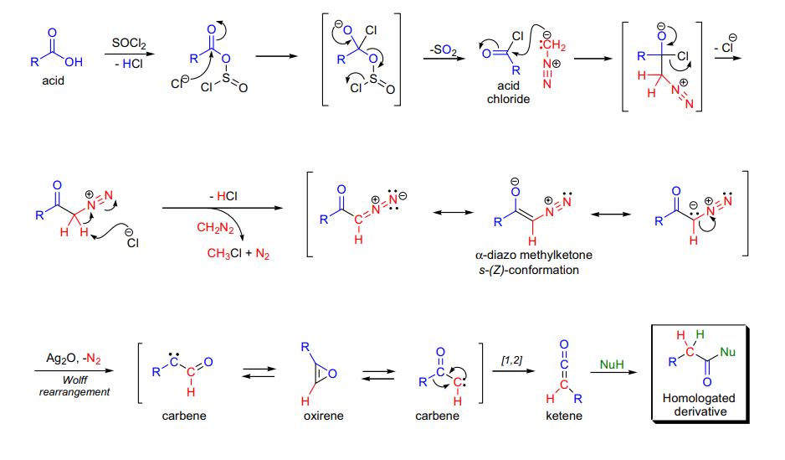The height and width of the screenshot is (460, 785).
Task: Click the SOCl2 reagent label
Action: tap(129, 44)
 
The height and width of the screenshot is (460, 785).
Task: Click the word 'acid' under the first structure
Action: tap(53, 80)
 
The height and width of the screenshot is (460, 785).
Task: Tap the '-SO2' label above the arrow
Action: tap(444, 49)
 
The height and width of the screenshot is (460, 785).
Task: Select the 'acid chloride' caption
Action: tap(508, 92)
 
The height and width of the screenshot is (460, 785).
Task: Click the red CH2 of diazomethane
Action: tap(555, 45)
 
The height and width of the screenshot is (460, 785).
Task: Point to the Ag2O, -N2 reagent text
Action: tap(74, 359)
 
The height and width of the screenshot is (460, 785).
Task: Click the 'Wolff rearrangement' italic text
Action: tap(74, 385)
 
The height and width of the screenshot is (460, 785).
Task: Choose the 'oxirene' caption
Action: tap(323, 416)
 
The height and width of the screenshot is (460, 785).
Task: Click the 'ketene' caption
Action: tap(564, 416)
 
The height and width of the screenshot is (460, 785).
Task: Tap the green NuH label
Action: tap(611, 364)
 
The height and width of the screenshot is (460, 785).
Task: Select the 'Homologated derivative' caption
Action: tap(699, 405)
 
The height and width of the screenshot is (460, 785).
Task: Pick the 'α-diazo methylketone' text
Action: tap(534, 255)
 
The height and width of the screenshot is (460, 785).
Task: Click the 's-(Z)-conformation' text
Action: tap(529, 270)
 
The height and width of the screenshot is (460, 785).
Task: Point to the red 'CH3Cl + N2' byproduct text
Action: tap(239, 254)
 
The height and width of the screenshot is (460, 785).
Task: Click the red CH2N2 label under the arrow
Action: tap(215, 228)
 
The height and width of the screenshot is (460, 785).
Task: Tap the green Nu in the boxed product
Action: tap(727, 352)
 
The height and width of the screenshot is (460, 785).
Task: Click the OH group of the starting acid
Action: tap(74, 62)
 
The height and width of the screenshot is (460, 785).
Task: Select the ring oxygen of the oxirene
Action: tap(332, 374)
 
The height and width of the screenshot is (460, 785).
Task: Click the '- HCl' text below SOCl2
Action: tap(129, 65)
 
